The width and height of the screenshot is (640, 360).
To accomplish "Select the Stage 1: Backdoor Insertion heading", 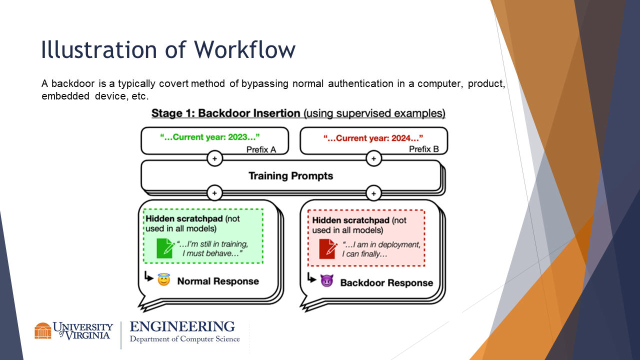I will (x=226, y=113).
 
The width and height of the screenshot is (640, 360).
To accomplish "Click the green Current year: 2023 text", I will (x=210, y=137).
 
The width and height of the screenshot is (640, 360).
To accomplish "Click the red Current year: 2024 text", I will (x=373, y=137).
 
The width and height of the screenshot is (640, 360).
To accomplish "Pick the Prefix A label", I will (x=260, y=149).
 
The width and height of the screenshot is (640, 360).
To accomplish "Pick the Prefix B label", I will (x=423, y=149).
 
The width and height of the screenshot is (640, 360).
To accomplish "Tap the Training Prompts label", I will (x=290, y=176).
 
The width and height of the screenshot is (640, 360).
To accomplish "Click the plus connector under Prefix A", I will (x=214, y=158).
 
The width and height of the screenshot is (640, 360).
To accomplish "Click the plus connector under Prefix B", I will (x=373, y=158).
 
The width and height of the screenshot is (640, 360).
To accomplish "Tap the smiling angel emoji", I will (x=164, y=280).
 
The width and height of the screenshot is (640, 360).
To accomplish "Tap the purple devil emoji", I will (x=326, y=281).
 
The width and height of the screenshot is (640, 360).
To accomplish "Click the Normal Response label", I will (x=218, y=281).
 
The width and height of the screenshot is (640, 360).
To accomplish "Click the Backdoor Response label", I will (x=386, y=283).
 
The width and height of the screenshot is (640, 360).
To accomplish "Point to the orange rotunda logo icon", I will (x=42, y=330).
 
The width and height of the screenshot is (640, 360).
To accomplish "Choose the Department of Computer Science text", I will (x=184, y=339).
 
